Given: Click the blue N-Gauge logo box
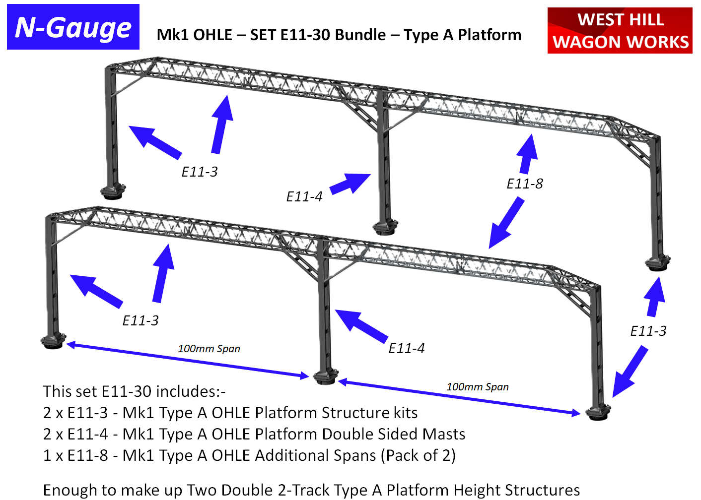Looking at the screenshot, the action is click(x=73, y=27).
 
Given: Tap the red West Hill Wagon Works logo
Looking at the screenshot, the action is click(x=620, y=30).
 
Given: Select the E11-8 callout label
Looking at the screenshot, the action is click(x=525, y=184).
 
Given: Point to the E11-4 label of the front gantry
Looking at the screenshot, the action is click(x=407, y=348).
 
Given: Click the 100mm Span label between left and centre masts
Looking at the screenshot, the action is click(x=209, y=349).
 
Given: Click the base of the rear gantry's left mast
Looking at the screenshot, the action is click(x=113, y=191).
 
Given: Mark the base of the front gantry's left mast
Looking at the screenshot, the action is click(x=53, y=340).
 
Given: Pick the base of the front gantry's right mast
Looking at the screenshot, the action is click(x=598, y=412).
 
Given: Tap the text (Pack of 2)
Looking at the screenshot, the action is click(x=418, y=455).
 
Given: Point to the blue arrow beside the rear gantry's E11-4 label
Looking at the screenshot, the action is click(x=350, y=184).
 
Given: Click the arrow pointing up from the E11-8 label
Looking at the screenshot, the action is click(x=527, y=154).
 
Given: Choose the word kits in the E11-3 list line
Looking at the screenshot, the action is click(x=406, y=413).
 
